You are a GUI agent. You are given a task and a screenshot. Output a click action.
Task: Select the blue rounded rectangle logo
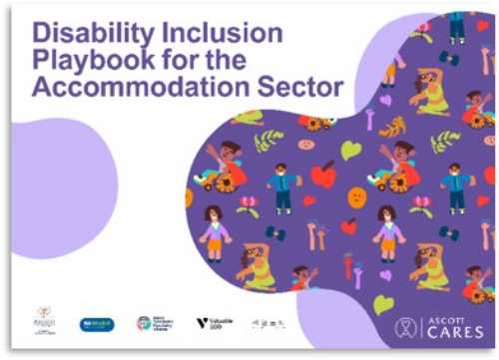coord(97,324)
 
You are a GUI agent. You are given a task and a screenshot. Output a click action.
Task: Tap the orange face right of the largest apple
coord(357,196)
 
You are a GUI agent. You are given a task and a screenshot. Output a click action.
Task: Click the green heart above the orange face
coord(350,151)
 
